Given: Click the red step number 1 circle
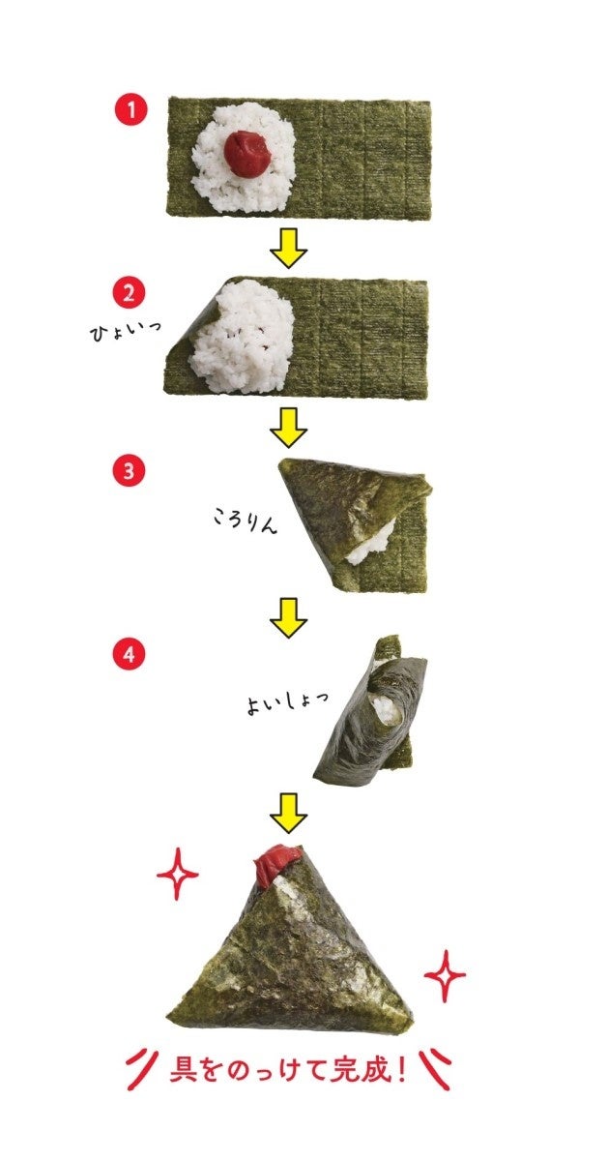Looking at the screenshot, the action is pos(131,110).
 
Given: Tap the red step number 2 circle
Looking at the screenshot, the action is pos(129,293).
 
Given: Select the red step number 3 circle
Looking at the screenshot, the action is pos(129,472).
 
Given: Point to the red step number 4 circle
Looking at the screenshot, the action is pos(129,655).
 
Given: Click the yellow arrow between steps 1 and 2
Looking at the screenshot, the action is pos(288,248).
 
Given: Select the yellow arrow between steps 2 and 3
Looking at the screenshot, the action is pos(288,428).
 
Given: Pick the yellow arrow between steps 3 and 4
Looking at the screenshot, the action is pos(288,618).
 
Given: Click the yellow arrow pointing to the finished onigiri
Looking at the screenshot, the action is pos(288,813).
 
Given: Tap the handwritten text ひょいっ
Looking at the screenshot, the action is pos(125,332).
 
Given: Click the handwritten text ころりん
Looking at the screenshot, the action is pos(245,520).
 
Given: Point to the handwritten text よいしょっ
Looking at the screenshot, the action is pos(286,704).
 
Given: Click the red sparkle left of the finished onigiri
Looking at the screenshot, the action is pos(177,874).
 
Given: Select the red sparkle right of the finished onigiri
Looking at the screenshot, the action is pos(445,976).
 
